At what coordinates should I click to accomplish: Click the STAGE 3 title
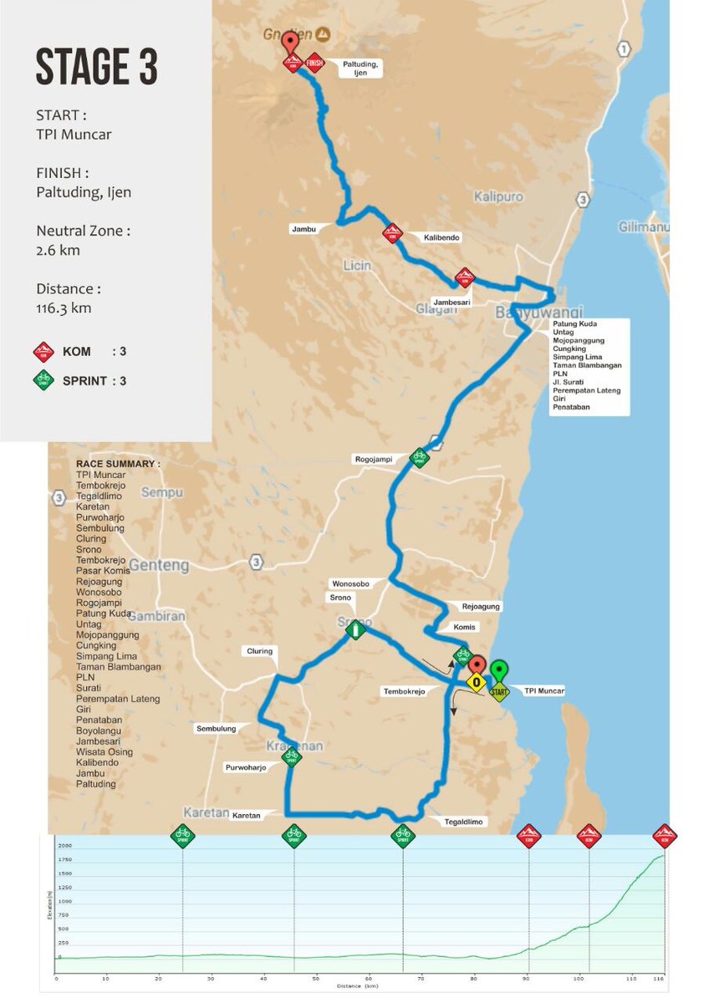tap(96, 67)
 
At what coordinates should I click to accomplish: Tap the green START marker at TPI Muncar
tap(498, 690)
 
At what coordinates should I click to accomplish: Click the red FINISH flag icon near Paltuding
tap(315, 62)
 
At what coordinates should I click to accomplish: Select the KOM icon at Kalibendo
tap(391, 233)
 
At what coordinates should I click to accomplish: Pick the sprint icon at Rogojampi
tap(419, 457)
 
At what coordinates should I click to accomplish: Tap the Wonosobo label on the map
tap(350, 583)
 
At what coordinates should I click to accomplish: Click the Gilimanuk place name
tap(664, 227)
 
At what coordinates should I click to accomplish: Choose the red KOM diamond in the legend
tap(43, 352)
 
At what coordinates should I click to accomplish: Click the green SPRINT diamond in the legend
tap(43, 380)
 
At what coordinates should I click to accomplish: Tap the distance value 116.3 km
tap(64, 308)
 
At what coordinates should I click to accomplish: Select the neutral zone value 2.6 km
tap(54, 250)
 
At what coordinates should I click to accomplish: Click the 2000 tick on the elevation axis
tap(64, 846)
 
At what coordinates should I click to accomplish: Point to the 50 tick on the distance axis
tap(316, 977)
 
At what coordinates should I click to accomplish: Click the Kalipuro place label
tap(498, 197)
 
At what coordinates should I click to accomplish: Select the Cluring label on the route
tap(259, 651)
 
